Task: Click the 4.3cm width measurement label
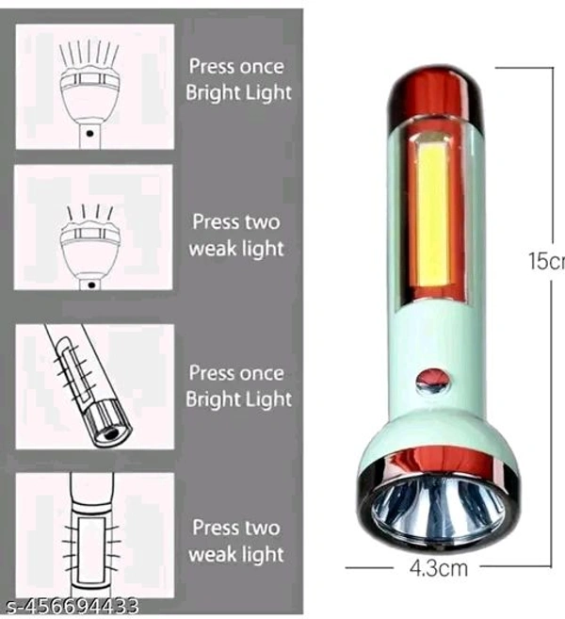coord(439,568)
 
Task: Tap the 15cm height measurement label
coord(547,261)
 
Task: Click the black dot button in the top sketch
coord(90,134)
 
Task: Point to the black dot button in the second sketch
coord(92,285)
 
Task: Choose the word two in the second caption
coord(263,222)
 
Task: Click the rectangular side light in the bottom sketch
coord(90,550)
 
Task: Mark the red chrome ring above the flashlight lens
coord(438,462)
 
